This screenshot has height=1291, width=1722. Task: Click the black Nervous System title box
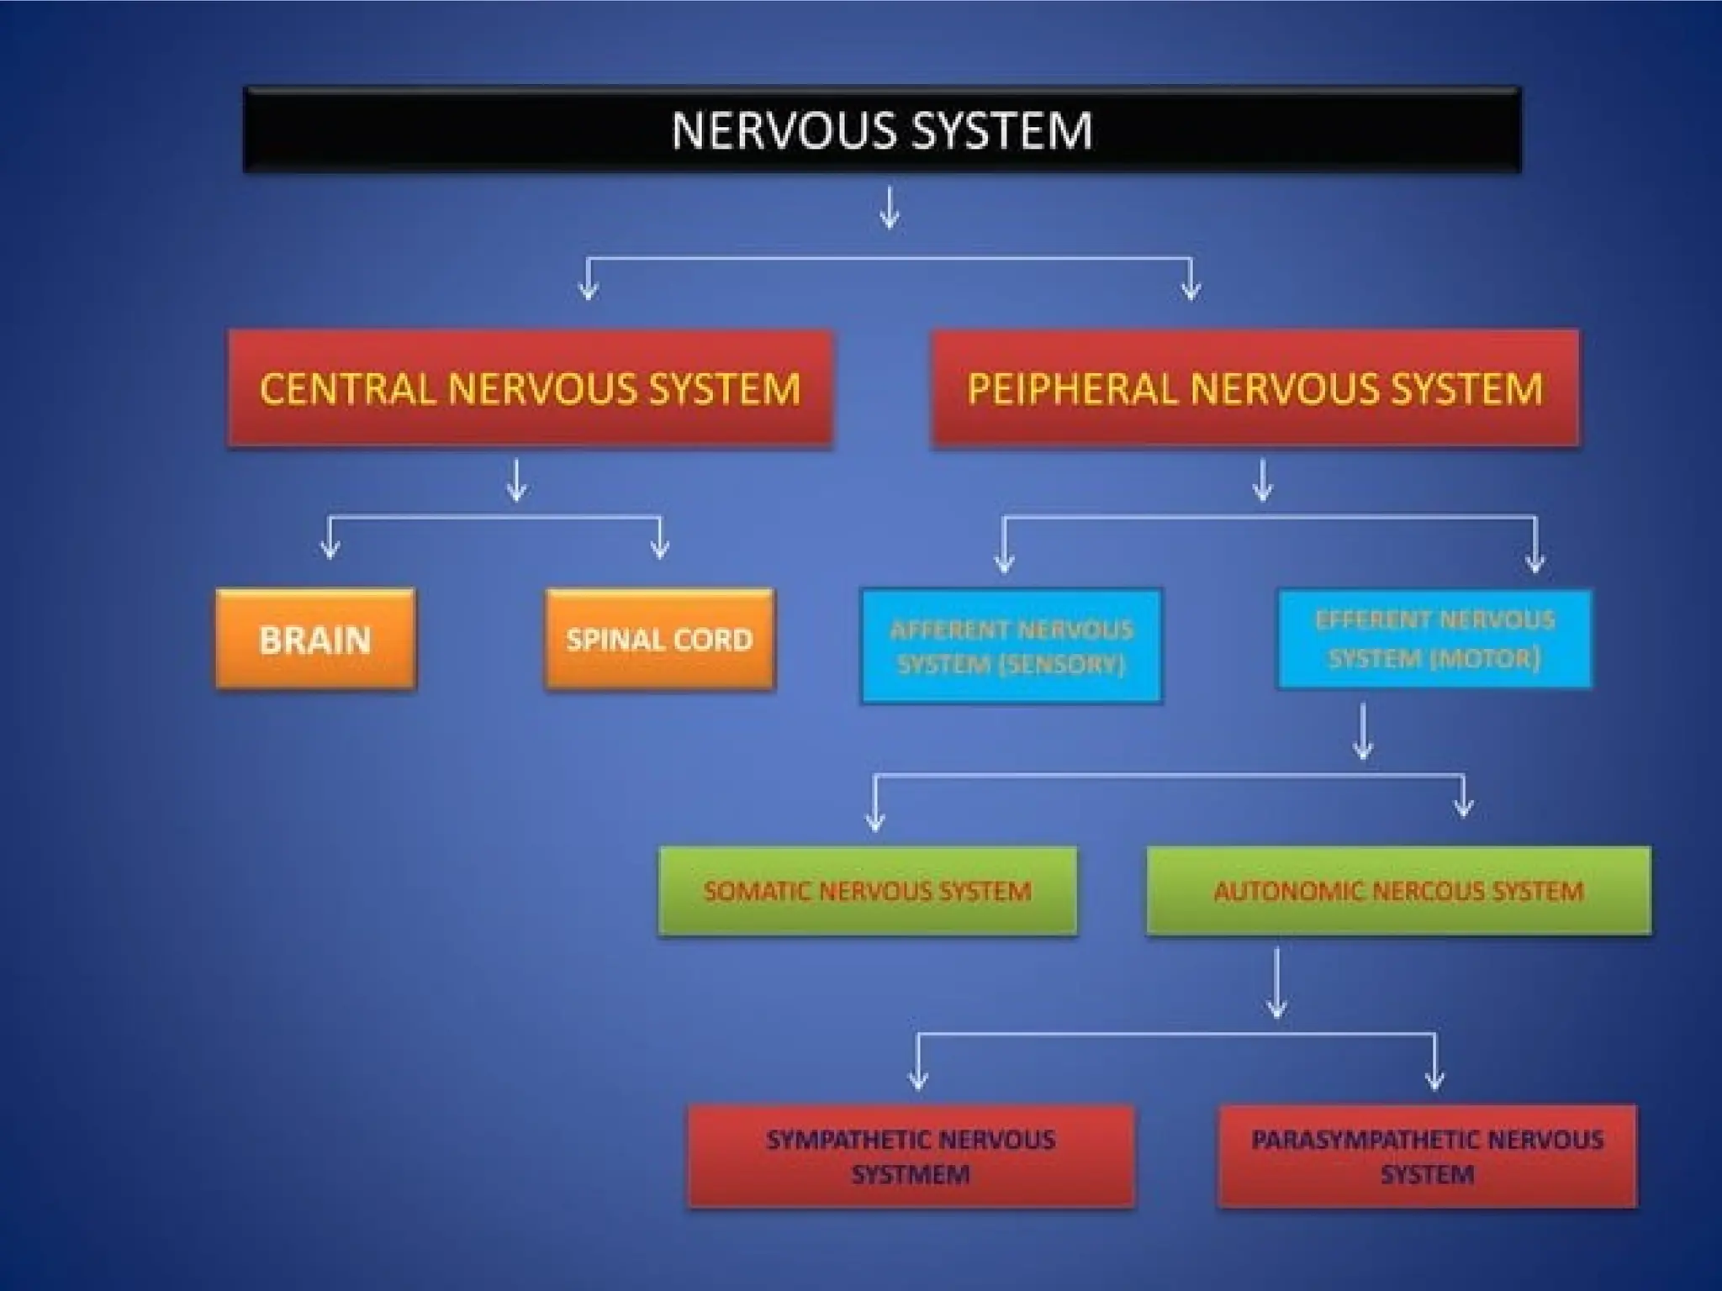(x=881, y=130)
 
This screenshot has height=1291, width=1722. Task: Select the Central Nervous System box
(x=530, y=388)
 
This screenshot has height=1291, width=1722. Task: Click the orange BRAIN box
(x=315, y=640)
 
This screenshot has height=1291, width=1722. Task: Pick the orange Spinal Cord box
(x=659, y=640)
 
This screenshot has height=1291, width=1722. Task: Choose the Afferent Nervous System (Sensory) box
(x=1011, y=645)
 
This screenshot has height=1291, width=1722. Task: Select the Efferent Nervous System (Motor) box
(x=1434, y=639)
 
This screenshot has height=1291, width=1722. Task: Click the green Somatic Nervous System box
(x=867, y=891)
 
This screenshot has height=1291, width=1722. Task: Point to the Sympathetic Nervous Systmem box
(x=911, y=1157)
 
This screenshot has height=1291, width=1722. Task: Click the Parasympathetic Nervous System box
(x=1427, y=1157)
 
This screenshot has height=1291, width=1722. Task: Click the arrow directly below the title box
(x=890, y=208)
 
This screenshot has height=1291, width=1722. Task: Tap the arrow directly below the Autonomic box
(x=1277, y=983)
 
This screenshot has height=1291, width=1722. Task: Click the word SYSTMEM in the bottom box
(x=911, y=1174)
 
